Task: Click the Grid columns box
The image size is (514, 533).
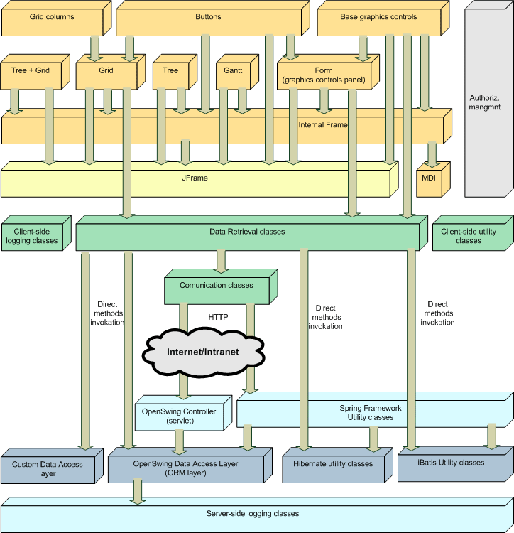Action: (x=52, y=18)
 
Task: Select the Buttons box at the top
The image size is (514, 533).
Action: (x=208, y=18)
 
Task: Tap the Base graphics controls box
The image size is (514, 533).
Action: (x=378, y=18)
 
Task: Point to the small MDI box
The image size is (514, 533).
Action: (x=429, y=178)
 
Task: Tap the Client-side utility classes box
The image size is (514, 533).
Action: (x=469, y=237)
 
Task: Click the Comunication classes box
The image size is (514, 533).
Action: (x=216, y=286)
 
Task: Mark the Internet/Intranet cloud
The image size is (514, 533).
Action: (x=203, y=352)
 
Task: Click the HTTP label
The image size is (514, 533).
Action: (x=218, y=317)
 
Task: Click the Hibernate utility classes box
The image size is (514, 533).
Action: (x=332, y=464)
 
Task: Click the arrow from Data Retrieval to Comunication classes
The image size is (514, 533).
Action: (x=221, y=261)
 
